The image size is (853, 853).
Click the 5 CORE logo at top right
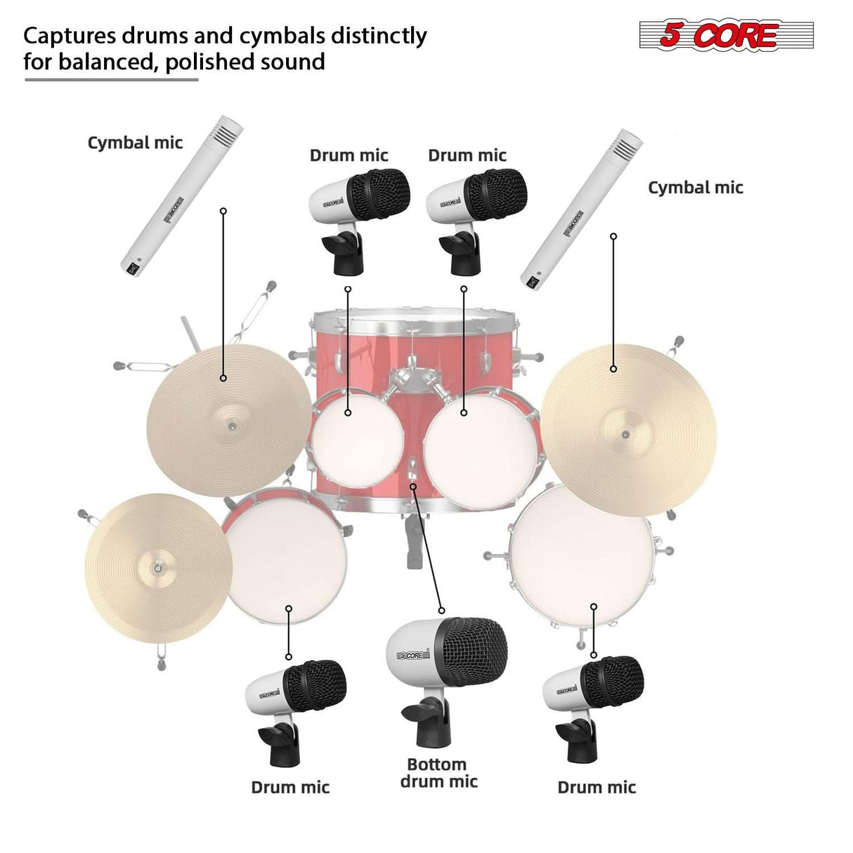click(726, 34)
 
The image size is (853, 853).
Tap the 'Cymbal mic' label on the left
click(135, 143)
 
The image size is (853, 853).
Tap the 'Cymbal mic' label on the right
click(695, 187)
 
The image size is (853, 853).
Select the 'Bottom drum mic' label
click(438, 773)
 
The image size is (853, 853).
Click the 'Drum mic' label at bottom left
click(290, 787)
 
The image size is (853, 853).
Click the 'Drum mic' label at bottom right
click(597, 787)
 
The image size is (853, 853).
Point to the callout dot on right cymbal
click(613, 369)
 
